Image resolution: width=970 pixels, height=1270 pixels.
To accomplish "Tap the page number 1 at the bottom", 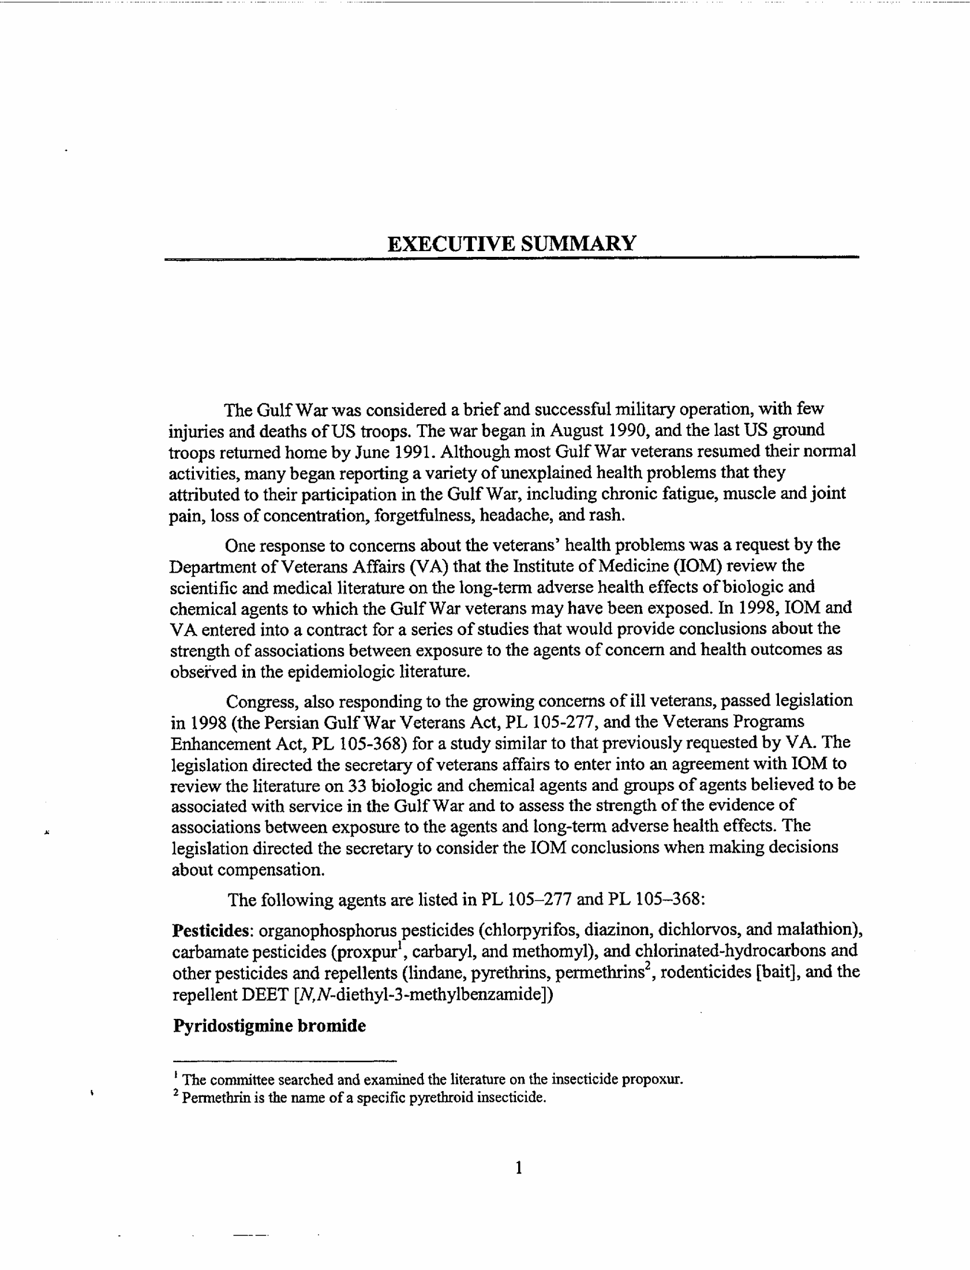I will point(519,1168).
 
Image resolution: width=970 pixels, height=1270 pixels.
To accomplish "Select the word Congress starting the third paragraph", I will point(262,702).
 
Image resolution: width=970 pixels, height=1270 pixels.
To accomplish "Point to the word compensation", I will point(271,870).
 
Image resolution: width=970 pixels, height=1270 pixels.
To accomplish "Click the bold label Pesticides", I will point(212,931).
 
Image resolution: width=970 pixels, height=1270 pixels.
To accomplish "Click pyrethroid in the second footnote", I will point(440,1097).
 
